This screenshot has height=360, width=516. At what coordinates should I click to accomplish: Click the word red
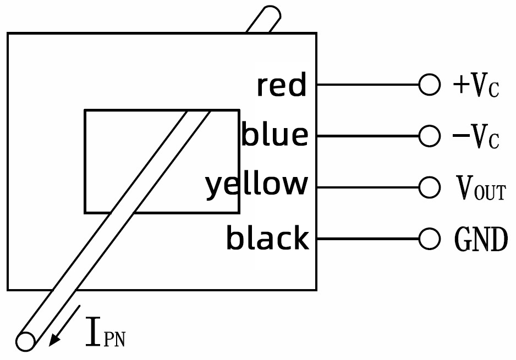coord(281,86)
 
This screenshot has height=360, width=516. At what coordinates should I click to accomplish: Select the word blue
coord(275,135)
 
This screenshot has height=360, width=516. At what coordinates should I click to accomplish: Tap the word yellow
coord(256,186)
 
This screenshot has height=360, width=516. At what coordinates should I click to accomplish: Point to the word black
coord(267,239)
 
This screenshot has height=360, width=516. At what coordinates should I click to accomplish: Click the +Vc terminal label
coord(475,86)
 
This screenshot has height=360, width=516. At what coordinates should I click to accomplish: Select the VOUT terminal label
coord(480,188)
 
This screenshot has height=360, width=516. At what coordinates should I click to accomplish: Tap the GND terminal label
coord(481,239)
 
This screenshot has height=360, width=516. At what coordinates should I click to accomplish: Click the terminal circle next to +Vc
coord(429,85)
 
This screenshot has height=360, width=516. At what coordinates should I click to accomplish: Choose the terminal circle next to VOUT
coord(429,187)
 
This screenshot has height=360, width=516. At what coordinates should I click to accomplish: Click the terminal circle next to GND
coord(429,239)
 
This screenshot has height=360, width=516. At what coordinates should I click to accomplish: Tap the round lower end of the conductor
coord(25,341)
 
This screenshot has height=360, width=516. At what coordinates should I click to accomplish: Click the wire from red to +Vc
coord(367,85)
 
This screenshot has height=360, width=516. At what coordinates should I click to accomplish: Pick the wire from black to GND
coord(367,239)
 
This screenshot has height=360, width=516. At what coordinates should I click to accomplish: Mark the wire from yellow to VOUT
coord(367,187)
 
